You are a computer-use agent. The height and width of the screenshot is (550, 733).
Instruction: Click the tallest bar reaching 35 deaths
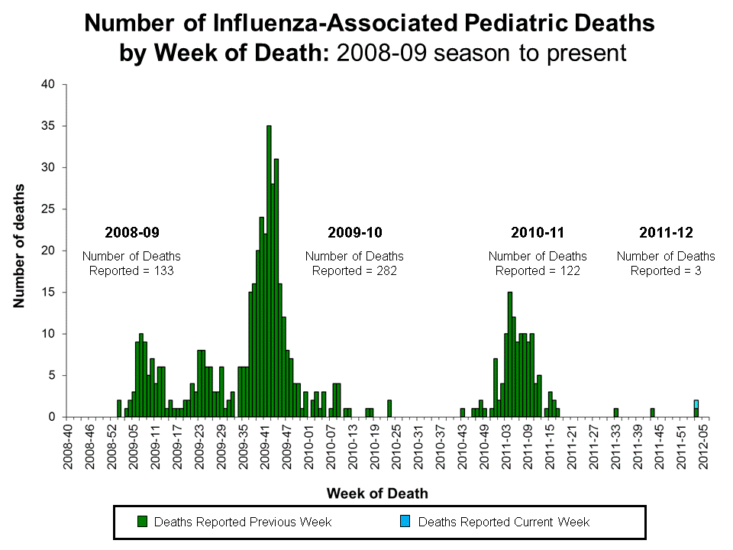coord(269,271)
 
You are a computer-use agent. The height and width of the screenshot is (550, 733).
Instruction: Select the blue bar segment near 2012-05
coord(696,404)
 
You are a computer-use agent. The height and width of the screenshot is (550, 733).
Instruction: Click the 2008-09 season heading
coord(131,231)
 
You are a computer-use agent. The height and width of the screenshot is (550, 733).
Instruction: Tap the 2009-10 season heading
coord(354,231)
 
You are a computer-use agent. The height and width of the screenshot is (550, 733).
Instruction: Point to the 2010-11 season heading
coord(538,231)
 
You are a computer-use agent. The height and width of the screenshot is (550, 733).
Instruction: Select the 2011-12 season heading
coord(666,231)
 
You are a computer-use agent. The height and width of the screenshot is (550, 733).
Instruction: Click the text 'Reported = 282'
coord(354,270)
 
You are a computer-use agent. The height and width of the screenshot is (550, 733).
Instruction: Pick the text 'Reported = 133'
coord(131,270)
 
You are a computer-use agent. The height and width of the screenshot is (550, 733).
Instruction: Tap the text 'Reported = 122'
coord(538,270)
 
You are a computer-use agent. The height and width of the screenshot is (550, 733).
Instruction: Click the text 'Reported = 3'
coord(666,270)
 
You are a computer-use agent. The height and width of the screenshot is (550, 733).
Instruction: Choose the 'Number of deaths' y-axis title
coord(18,246)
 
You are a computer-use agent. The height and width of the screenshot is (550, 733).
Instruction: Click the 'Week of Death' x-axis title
coord(378,493)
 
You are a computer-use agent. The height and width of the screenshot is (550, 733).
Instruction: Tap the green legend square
coord(141,522)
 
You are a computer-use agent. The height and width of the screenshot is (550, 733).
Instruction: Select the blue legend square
coord(405,522)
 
